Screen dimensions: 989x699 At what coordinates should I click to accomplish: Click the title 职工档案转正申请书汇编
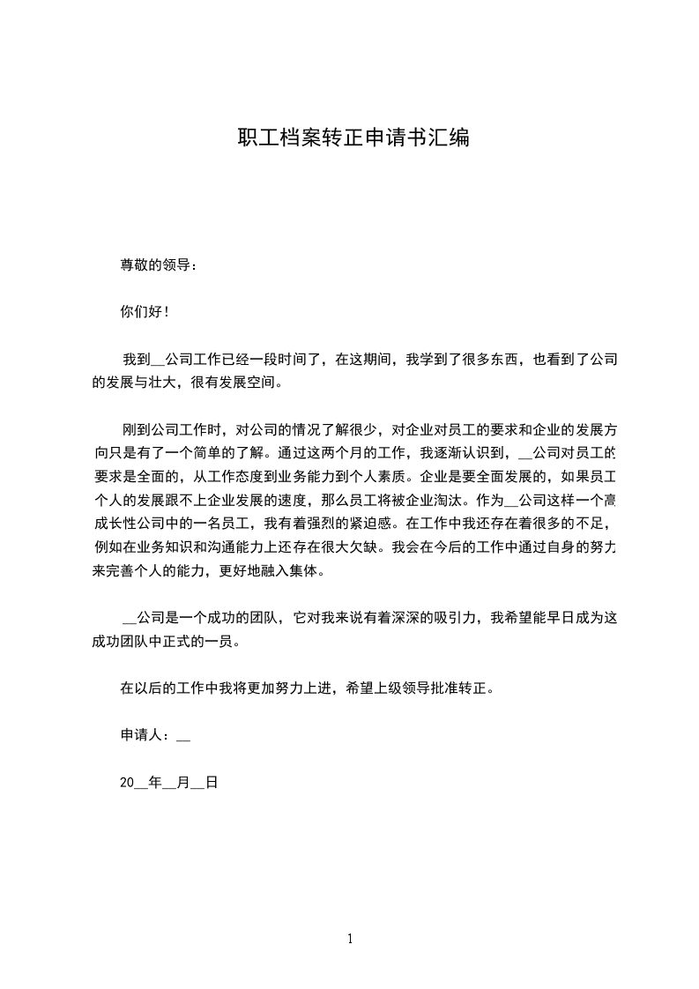pyautogui.click(x=353, y=138)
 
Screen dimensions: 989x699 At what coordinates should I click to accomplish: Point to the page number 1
pyautogui.click(x=350, y=940)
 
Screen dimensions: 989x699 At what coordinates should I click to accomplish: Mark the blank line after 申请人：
pyautogui.click(x=183, y=737)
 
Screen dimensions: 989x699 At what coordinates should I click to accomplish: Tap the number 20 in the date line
pyautogui.click(x=127, y=782)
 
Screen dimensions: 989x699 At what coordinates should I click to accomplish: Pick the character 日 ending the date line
pyautogui.click(x=211, y=782)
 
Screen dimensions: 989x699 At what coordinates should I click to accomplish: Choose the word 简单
pyautogui.click(x=205, y=454)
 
